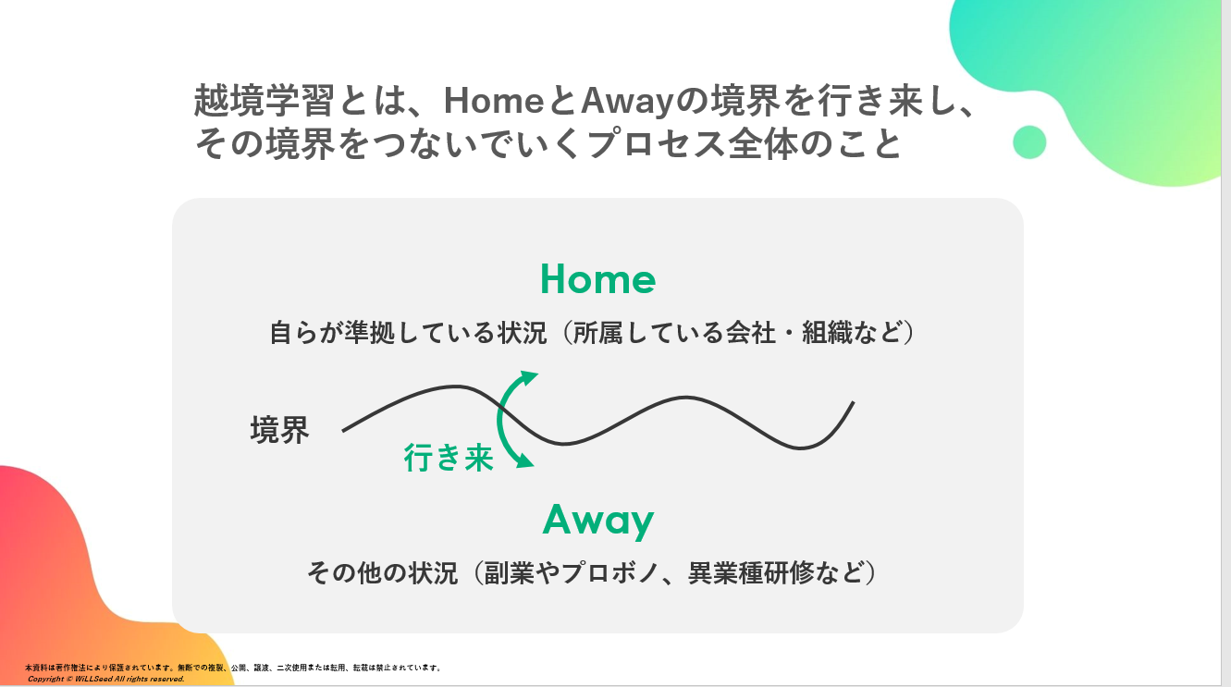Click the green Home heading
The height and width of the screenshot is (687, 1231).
click(597, 278)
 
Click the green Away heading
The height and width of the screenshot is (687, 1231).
click(597, 520)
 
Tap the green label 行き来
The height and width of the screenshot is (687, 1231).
click(449, 458)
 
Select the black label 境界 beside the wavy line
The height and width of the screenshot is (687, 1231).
click(279, 429)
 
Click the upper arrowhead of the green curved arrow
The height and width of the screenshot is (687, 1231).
click(529, 378)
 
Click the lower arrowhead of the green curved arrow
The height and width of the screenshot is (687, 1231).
click(525, 460)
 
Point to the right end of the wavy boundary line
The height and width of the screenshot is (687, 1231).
click(854, 402)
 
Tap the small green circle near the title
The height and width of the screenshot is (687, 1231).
click(1029, 142)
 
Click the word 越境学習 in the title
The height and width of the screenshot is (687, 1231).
click(264, 101)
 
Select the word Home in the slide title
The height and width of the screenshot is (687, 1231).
click(494, 101)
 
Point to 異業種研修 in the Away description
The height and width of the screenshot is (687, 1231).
click(751, 572)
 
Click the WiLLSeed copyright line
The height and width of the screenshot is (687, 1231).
click(106, 679)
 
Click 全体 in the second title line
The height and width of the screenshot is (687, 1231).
click(762, 144)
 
